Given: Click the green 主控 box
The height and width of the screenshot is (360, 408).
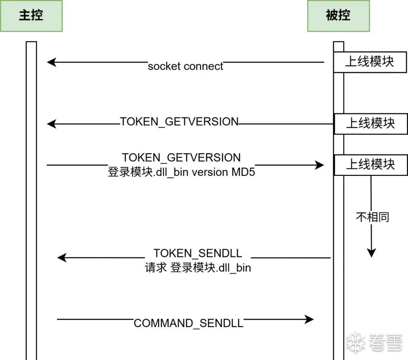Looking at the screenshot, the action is pyautogui.click(x=31, y=16).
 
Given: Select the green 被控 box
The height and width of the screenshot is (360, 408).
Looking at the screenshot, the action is pyautogui.click(x=338, y=16).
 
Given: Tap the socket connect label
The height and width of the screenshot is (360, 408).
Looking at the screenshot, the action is pyautogui.click(x=185, y=66).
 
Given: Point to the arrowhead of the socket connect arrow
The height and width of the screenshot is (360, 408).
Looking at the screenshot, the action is pyautogui.click(x=51, y=62).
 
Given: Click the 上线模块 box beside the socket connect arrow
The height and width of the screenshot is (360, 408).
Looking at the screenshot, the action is pyautogui.click(x=370, y=62).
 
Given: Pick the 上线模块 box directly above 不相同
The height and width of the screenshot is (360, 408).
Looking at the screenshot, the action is pyautogui.click(x=371, y=165).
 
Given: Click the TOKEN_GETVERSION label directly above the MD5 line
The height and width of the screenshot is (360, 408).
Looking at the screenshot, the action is pyautogui.click(x=181, y=158).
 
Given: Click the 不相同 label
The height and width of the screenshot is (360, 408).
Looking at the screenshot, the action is pyautogui.click(x=372, y=217).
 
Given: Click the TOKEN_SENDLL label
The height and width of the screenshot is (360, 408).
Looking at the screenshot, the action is pyautogui.click(x=198, y=253).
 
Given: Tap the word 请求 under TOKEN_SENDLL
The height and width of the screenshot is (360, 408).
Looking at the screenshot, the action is pyautogui.click(x=156, y=268).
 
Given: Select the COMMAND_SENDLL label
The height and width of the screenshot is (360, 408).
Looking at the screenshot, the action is pyautogui.click(x=189, y=323).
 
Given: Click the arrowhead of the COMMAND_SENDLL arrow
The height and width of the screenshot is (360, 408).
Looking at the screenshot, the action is pyautogui.click(x=309, y=320).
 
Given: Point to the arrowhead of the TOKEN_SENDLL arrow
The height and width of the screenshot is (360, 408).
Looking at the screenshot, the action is pyautogui.click(x=62, y=258).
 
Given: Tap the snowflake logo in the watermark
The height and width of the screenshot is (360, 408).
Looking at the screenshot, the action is pyautogui.click(x=355, y=342).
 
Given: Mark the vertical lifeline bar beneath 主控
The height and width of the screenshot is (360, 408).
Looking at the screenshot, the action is pyautogui.click(x=31, y=200).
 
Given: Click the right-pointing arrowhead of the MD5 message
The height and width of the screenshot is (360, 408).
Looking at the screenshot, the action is pyautogui.click(x=319, y=165).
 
